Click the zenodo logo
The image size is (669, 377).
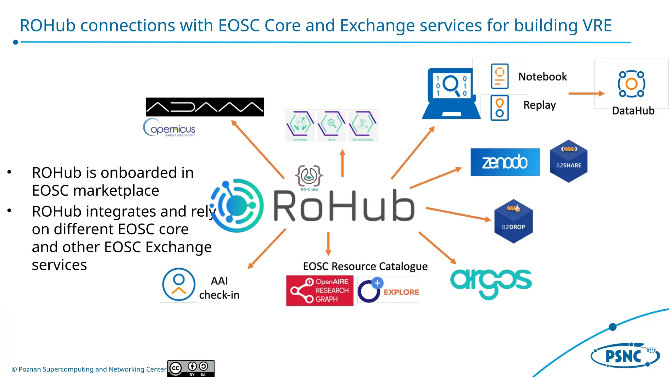(x=505, y=162)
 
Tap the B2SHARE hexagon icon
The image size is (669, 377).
(x=568, y=161)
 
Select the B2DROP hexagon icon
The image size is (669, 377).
(x=513, y=222)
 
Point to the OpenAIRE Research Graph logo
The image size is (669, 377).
(x=319, y=291)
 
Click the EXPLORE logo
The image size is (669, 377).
(x=388, y=290)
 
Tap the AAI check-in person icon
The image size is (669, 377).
(x=178, y=284)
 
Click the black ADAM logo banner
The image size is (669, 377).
(x=204, y=107)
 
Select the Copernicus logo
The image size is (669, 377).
(x=170, y=128)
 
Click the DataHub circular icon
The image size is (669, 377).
(x=631, y=84)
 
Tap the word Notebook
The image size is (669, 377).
(x=543, y=77)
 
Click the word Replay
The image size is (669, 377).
(x=539, y=105)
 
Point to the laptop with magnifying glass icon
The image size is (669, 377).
(x=451, y=94)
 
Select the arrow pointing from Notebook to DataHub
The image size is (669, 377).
(x=586, y=94)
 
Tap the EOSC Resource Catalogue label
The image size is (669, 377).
(x=365, y=266)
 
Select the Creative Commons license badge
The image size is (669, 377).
(x=191, y=368)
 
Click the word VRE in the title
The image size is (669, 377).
(x=597, y=26)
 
